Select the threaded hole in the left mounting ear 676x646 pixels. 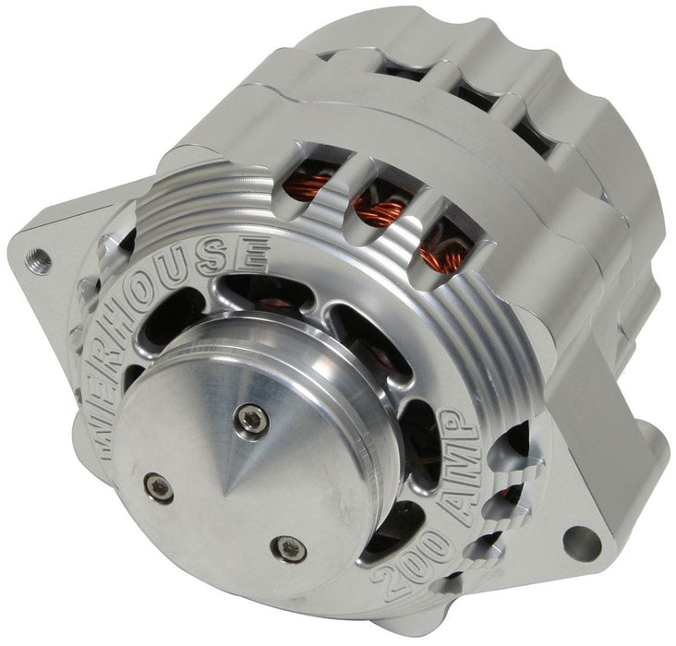pos(37,253)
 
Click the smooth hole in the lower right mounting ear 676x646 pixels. pos(584,534)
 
